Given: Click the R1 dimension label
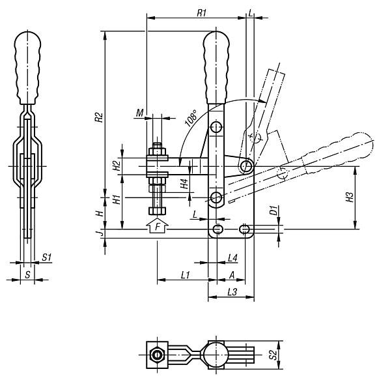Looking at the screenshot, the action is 201,13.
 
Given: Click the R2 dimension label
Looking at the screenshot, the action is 99,117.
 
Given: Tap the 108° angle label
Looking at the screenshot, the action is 191,118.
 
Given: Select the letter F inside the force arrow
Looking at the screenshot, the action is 158,227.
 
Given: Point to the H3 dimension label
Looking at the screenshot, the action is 350,197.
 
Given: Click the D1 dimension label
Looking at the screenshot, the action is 273,210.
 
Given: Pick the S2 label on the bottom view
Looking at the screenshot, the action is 273,355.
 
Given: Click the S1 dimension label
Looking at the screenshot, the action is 47,257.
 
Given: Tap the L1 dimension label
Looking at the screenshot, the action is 185,275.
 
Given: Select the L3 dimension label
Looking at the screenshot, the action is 232,292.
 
